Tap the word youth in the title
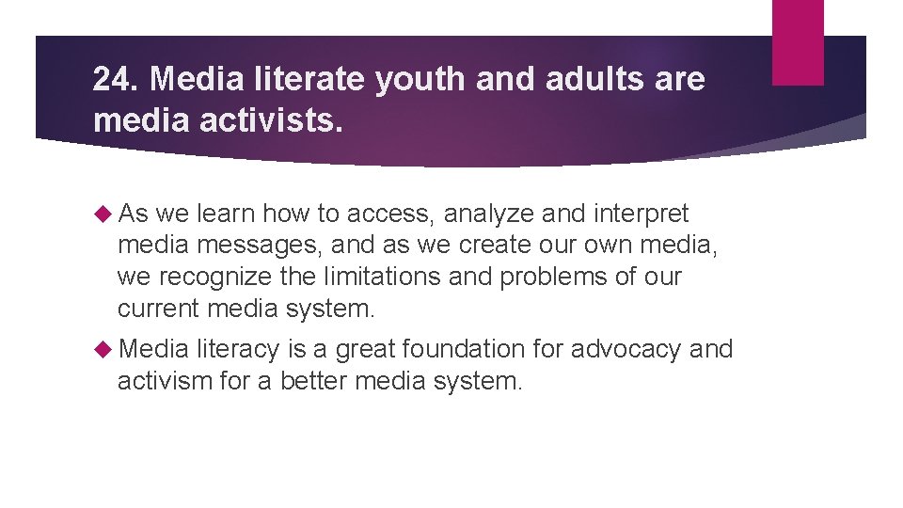click(421, 80)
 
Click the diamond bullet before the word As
click(103, 214)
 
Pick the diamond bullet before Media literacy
click(103, 349)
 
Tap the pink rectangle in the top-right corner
click(798, 42)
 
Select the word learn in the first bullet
click(228, 214)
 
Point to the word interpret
click(638, 214)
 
